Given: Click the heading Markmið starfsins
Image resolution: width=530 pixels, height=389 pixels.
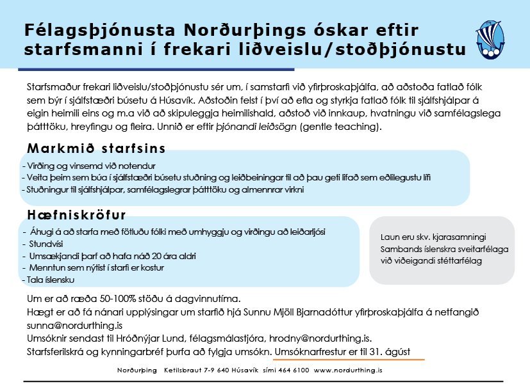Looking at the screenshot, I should [96, 148].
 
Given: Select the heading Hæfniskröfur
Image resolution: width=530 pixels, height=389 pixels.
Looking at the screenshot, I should [77, 214].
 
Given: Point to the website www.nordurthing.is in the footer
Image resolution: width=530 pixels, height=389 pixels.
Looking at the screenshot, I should [348, 370].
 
